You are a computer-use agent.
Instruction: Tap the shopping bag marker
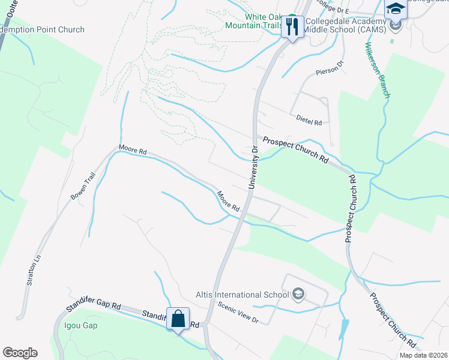coord(178,318)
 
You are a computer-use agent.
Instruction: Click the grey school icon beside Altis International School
coord(298,294)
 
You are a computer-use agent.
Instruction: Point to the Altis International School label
coord(243,295)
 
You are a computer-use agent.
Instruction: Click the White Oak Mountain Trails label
coord(253,21)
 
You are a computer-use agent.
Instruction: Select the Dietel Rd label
coord(309,122)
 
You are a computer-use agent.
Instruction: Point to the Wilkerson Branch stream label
coord(378,70)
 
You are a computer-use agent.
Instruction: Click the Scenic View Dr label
coord(238,312)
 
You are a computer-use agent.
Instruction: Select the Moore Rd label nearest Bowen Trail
coord(133,150)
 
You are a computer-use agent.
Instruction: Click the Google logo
coord(20,353)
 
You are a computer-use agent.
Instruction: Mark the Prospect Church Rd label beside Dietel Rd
coord(296,151)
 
